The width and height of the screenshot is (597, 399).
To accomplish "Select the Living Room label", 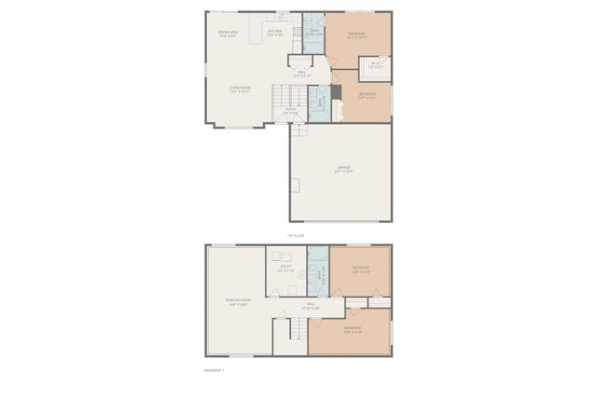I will (x=240, y=89).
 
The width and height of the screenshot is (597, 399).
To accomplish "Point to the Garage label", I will (x=343, y=169).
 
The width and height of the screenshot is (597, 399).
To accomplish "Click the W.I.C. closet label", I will (x=376, y=65).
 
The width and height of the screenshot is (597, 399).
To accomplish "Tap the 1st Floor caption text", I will (x=296, y=236).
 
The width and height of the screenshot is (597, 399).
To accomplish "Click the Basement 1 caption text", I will (x=215, y=369).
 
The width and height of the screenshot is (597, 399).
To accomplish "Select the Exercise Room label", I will (x=238, y=301).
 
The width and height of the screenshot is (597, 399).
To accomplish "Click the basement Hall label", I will (x=311, y=305).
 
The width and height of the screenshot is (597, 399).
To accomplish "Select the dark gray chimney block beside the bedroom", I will (x=337, y=92).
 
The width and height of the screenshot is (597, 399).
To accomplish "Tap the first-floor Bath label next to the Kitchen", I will (x=314, y=32).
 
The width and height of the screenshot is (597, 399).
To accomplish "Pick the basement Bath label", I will (x=318, y=275).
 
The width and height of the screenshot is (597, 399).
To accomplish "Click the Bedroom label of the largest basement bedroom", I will (x=353, y=330).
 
